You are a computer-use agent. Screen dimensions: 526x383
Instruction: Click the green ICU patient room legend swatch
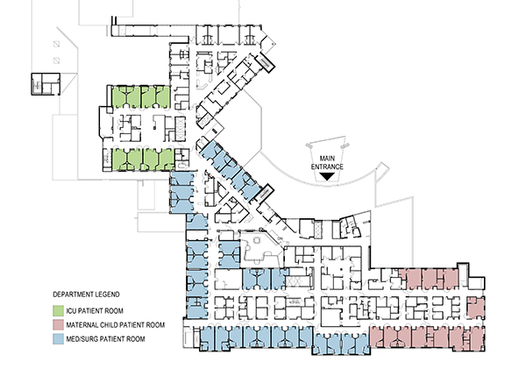(x=59, y=310)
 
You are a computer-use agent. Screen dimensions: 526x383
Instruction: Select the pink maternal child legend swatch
(x=59, y=324)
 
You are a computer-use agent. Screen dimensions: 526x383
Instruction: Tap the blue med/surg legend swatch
(x=59, y=338)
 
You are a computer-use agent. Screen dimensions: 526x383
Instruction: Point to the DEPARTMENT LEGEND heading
(x=86, y=294)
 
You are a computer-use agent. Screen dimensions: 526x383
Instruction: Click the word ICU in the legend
(x=71, y=311)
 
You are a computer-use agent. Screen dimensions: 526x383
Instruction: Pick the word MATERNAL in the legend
(x=82, y=325)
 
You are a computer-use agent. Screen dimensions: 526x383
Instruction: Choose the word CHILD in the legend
(x=109, y=325)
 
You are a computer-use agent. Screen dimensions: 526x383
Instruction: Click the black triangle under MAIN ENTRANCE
(x=327, y=176)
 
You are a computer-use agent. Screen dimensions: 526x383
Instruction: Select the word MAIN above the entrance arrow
(x=327, y=159)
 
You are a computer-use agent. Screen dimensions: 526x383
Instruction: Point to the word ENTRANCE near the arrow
(x=327, y=167)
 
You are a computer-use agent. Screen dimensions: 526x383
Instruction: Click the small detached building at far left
(x=46, y=84)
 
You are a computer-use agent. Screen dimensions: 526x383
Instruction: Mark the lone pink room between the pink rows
(x=476, y=308)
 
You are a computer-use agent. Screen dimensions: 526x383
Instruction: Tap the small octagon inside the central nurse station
(x=258, y=240)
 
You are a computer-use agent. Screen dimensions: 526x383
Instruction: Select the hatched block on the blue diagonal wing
(x=264, y=194)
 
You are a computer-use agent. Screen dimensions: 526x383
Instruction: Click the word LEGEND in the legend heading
(x=109, y=294)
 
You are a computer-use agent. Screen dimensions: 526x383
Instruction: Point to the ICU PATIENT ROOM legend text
(x=95, y=311)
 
